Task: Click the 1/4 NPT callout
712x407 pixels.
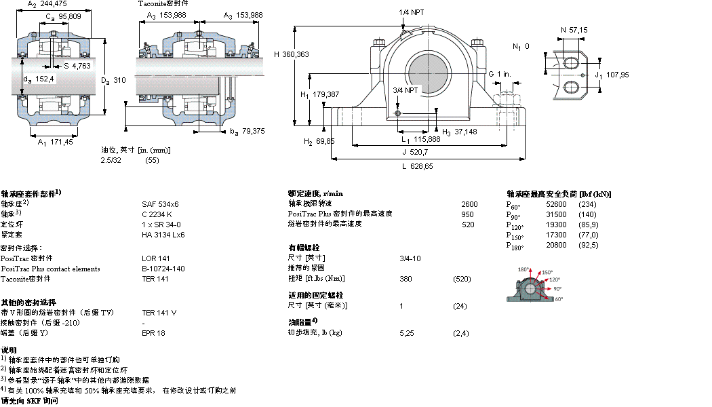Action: (413, 12)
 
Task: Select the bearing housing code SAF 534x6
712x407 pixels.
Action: (159, 203)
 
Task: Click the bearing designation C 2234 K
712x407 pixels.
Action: (156, 214)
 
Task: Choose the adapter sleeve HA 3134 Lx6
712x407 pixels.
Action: (163, 235)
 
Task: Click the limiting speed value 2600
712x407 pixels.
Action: (469, 203)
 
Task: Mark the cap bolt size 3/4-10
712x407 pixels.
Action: (410, 258)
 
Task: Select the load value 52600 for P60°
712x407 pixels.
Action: (556, 204)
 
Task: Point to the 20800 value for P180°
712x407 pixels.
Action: (556, 245)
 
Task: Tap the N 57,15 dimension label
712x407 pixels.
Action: (573, 30)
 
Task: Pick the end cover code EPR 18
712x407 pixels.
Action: (153, 333)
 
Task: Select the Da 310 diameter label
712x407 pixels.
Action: (114, 79)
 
